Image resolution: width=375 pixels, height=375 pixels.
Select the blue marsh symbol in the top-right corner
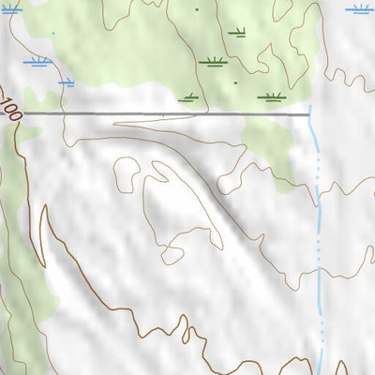[x=359, y=9]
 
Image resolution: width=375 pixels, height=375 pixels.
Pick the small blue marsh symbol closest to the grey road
[x=66, y=82]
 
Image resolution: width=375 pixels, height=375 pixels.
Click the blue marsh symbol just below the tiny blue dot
[x=37, y=62]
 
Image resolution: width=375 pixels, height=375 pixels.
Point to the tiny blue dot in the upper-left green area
[x=52, y=34]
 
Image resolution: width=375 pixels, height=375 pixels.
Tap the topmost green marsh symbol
[x=236, y=32]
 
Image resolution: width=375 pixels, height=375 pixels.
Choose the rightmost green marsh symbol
[x=271, y=96]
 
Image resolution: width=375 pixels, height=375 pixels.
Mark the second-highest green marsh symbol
[x=213, y=62]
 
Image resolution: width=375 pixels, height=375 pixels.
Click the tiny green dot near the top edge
[x=197, y=8]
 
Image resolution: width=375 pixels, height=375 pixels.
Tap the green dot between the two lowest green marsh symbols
[x=235, y=82]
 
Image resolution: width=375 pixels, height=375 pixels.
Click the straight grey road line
[x=169, y=114]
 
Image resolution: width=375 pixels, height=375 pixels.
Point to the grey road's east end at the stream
[x=309, y=114]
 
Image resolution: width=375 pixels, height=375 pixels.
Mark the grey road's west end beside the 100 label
[x=25, y=113]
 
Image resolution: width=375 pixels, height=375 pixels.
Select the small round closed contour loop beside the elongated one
[x=127, y=173]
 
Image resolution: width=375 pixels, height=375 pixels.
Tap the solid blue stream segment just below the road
[x=315, y=141]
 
